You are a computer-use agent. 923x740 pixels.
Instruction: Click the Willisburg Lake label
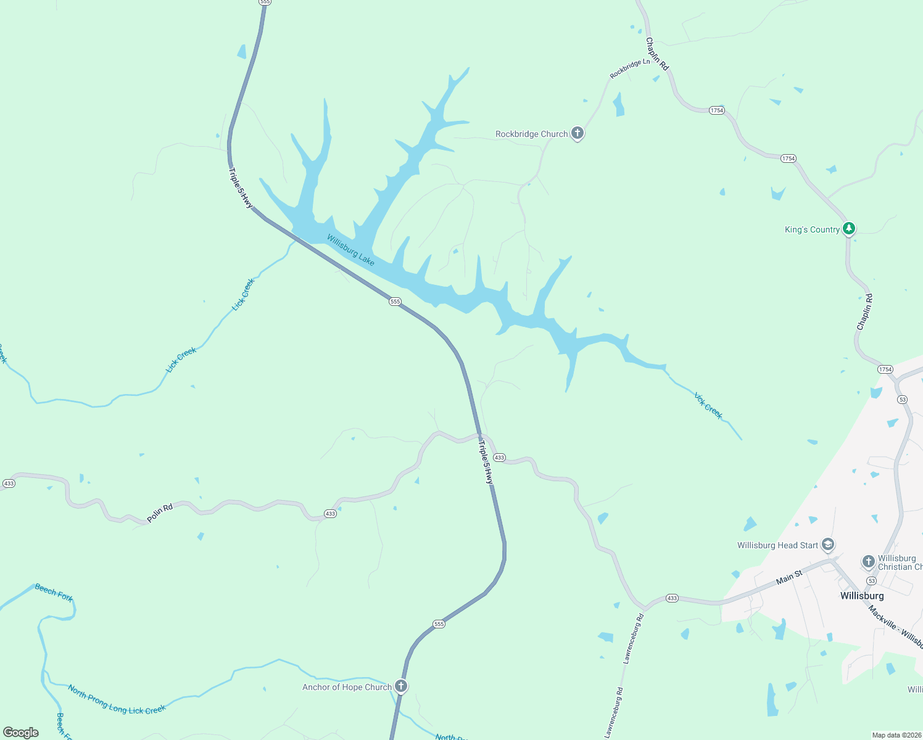350,250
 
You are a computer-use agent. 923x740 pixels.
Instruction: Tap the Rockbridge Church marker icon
577,133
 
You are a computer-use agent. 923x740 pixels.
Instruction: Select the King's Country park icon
849,229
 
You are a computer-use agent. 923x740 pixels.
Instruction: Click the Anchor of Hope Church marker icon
401,686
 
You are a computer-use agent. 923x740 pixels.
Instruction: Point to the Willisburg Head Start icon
828,545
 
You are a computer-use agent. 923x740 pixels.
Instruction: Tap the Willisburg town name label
862,596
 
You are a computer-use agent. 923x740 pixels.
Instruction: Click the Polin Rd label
160,512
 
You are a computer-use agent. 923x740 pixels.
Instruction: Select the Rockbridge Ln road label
630,68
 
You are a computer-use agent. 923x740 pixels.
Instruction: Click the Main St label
789,577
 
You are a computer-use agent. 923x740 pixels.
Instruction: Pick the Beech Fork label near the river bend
54,593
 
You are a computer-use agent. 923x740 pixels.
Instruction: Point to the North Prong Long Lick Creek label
117,700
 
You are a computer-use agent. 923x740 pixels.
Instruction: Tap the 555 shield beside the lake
395,302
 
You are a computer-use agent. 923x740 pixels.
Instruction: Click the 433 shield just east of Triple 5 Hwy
499,458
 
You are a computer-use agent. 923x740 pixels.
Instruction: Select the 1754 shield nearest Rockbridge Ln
716,110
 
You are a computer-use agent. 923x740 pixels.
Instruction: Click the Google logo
21,733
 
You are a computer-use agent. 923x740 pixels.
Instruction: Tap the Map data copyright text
896,735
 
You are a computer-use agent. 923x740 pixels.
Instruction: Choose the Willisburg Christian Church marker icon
868,561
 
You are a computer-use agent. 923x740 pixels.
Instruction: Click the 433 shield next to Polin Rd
330,514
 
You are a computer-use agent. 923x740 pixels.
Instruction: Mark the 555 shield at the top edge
265,2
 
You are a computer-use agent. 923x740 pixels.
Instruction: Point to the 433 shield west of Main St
672,598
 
